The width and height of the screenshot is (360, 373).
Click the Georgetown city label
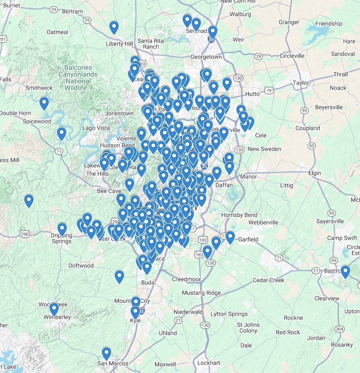pos(206,57)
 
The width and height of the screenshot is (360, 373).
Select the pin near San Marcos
pos(106,354)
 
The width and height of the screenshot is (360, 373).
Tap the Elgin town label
pos(314,173)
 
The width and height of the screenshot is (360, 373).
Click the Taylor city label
pos(301,83)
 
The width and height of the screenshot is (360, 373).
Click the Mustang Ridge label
pos(201,293)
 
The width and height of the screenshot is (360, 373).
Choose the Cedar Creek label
pos(269,280)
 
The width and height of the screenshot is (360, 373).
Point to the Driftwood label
pos(81,266)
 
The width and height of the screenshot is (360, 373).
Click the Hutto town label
pos(252,94)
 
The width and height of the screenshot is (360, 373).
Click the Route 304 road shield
pos(339,329)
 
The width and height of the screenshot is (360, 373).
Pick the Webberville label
pos(263,223)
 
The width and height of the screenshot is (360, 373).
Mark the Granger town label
pos(289,22)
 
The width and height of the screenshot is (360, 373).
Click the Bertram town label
pos(72,12)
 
